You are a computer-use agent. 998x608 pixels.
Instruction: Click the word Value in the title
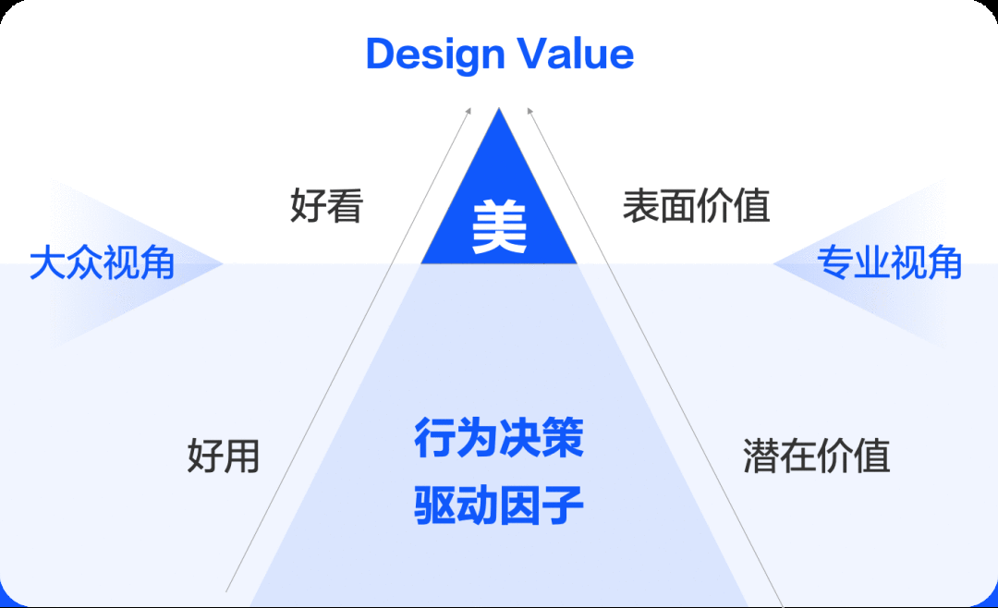(x=576, y=54)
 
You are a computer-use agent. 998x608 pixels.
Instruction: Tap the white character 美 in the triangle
(x=500, y=226)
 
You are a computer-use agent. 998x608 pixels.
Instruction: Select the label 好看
(x=326, y=206)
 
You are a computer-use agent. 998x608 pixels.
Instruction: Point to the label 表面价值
(x=697, y=206)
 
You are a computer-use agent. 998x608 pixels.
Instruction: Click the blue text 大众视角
(x=103, y=262)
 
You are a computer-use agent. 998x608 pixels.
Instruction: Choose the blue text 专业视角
(x=889, y=262)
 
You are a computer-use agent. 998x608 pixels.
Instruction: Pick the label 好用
(x=224, y=456)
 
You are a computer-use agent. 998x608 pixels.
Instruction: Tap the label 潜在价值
(x=817, y=456)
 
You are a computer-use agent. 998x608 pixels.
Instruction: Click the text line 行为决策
(x=499, y=438)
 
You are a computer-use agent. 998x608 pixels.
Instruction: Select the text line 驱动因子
(x=499, y=505)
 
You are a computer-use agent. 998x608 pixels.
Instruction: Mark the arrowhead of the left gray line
(x=469, y=111)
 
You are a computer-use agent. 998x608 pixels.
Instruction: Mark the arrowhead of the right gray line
(x=529, y=111)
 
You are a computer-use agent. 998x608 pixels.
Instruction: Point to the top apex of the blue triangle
(x=499, y=108)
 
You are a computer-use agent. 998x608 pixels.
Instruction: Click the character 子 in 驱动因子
(x=564, y=505)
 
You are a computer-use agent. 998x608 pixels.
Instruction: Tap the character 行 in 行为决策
(x=434, y=438)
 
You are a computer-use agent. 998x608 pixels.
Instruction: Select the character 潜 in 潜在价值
(x=761, y=456)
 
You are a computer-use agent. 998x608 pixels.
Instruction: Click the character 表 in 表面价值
(x=641, y=206)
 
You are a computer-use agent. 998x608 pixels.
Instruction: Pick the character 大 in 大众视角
(x=48, y=262)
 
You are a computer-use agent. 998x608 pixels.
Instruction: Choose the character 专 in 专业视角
(x=835, y=262)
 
